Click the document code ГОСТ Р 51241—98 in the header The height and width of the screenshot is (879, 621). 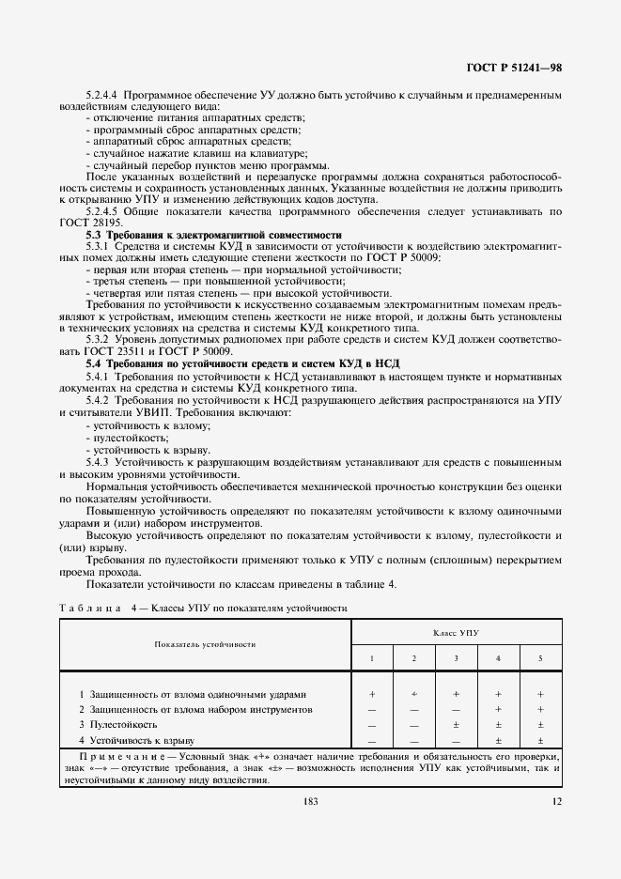click(x=514, y=69)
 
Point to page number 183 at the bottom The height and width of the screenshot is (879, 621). click(x=310, y=800)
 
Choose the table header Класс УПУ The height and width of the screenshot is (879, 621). click(x=456, y=633)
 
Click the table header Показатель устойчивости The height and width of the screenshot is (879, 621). click(x=206, y=644)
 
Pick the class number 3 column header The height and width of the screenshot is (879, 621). click(x=456, y=657)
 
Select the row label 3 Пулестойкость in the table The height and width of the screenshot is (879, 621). click(x=112, y=724)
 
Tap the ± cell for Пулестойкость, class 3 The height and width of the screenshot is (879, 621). click(x=456, y=724)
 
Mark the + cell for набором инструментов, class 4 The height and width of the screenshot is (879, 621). click(x=498, y=709)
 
